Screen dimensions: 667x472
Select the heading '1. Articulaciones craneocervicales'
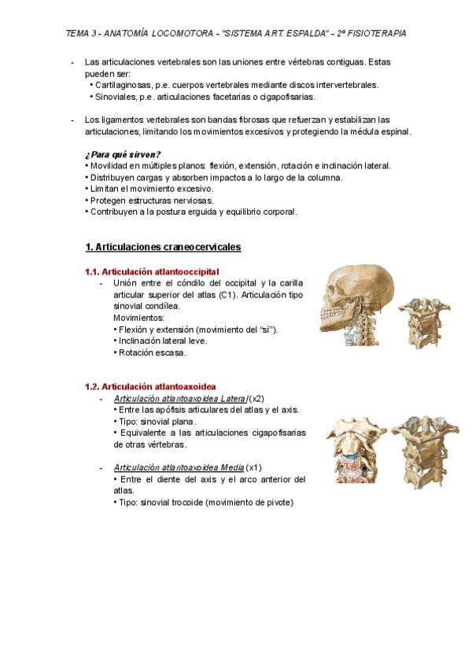[x=163, y=247]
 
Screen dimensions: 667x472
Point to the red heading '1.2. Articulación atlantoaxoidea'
[x=150, y=387]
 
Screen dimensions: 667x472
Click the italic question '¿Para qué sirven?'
[x=122, y=154]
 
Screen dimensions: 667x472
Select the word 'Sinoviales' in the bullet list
[x=116, y=97]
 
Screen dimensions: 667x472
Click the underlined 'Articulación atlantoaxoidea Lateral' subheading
[x=180, y=399]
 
